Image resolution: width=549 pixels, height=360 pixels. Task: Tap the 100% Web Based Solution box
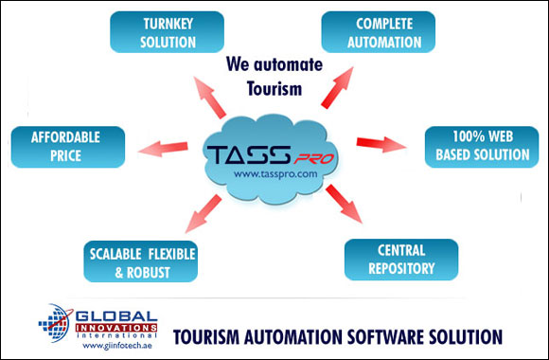coord(476,145)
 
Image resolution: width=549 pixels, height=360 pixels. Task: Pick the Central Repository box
coord(401,259)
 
